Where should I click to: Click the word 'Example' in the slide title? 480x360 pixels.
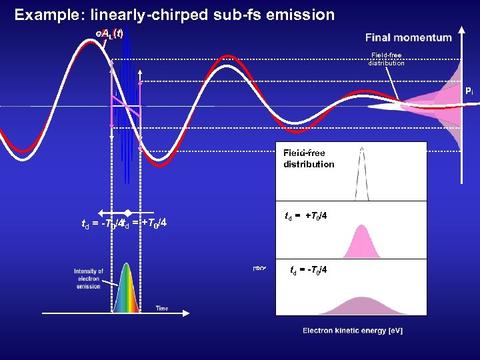(45, 15)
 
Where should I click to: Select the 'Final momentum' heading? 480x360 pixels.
(408, 37)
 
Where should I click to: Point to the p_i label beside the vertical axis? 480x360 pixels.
(469, 89)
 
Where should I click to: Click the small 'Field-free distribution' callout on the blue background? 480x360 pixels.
(386, 59)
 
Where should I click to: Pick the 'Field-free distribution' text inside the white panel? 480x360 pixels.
(309, 159)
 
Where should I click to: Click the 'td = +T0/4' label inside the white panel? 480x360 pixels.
(306, 215)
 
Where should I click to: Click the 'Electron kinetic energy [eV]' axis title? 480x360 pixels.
(353, 331)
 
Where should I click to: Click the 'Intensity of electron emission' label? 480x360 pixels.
(89, 279)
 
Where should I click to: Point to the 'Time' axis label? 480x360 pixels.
(162, 308)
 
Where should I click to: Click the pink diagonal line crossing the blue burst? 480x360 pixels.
(126, 107)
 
